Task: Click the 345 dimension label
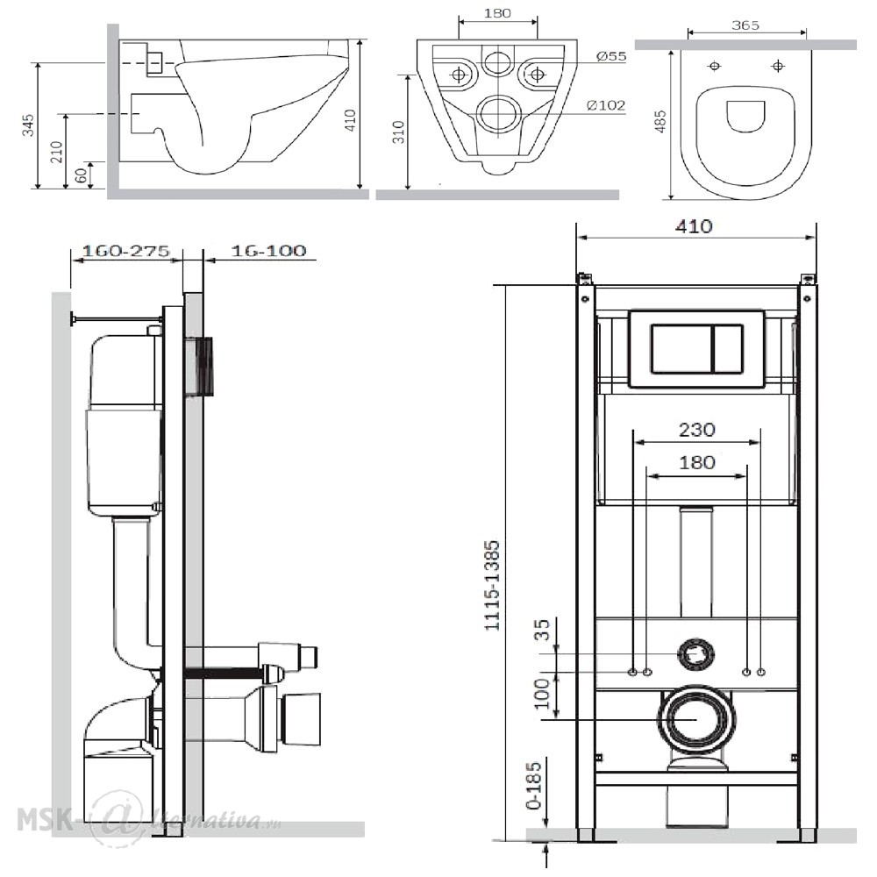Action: pyautogui.click(x=28, y=125)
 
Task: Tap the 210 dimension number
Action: pyautogui.click(x=56, y=152)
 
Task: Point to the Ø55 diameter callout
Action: pyautogui.click(x=611, y=56)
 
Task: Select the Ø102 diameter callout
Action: pyautogui.click(x=606, y=104)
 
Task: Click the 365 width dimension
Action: pyautogui.click(x=745, y=25)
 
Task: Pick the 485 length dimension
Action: pyautogui.click(x=660, y=121)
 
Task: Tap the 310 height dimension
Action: pyautogui.click(x=398, y=132)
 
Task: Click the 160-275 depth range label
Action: pyautogui.click(x=125, y=251)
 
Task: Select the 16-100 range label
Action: pyautogui.click(x=269, y=251)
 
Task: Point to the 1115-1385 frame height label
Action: pyautogui.click(x=492, y=586)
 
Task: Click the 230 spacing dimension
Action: pyautogui.click(x=697, y=430)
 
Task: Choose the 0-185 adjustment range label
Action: pyautogui.click(x=534, y=785)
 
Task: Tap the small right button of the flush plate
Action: pyautogui.click(x=727, y=348)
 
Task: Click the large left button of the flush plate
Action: pyautogui.click(x=681, y=348)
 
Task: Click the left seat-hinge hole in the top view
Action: pyautogui.click(x=715, y=66)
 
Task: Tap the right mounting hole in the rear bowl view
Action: pyautogui.click(x=537, y=74)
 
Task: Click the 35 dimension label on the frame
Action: pyautogui.click(x=543, y=629)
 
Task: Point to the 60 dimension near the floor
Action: pyautogui.click(x=82, y=175)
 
